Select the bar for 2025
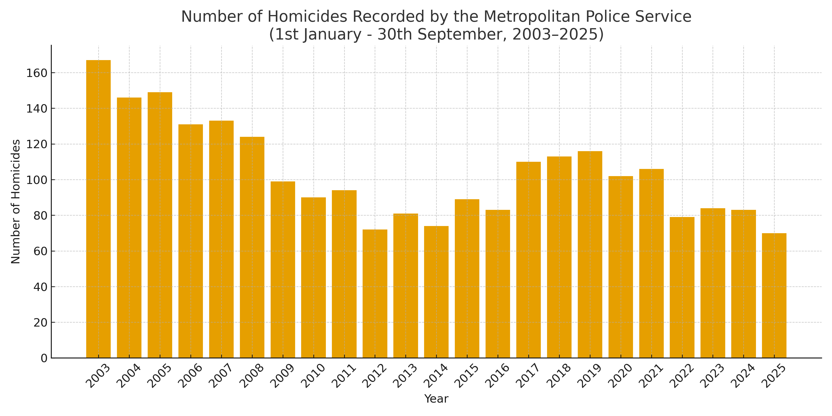click(774, 296)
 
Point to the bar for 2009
click(283, 270)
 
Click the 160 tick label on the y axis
click(37, 73)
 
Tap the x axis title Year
click(436, 399)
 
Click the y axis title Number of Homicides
click(15, 202)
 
